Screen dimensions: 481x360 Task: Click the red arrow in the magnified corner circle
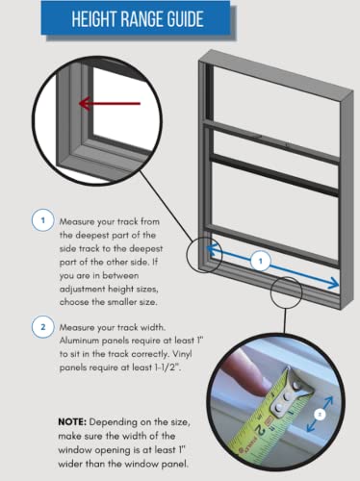(x=102, y=102)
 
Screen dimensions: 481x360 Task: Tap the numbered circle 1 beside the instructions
(x=41, y=220)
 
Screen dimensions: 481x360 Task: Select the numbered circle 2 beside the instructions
(x=41, y=326)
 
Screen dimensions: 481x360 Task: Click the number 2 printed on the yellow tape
(x=278, y=427)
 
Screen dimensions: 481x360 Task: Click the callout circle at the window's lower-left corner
(x=212, y=252)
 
